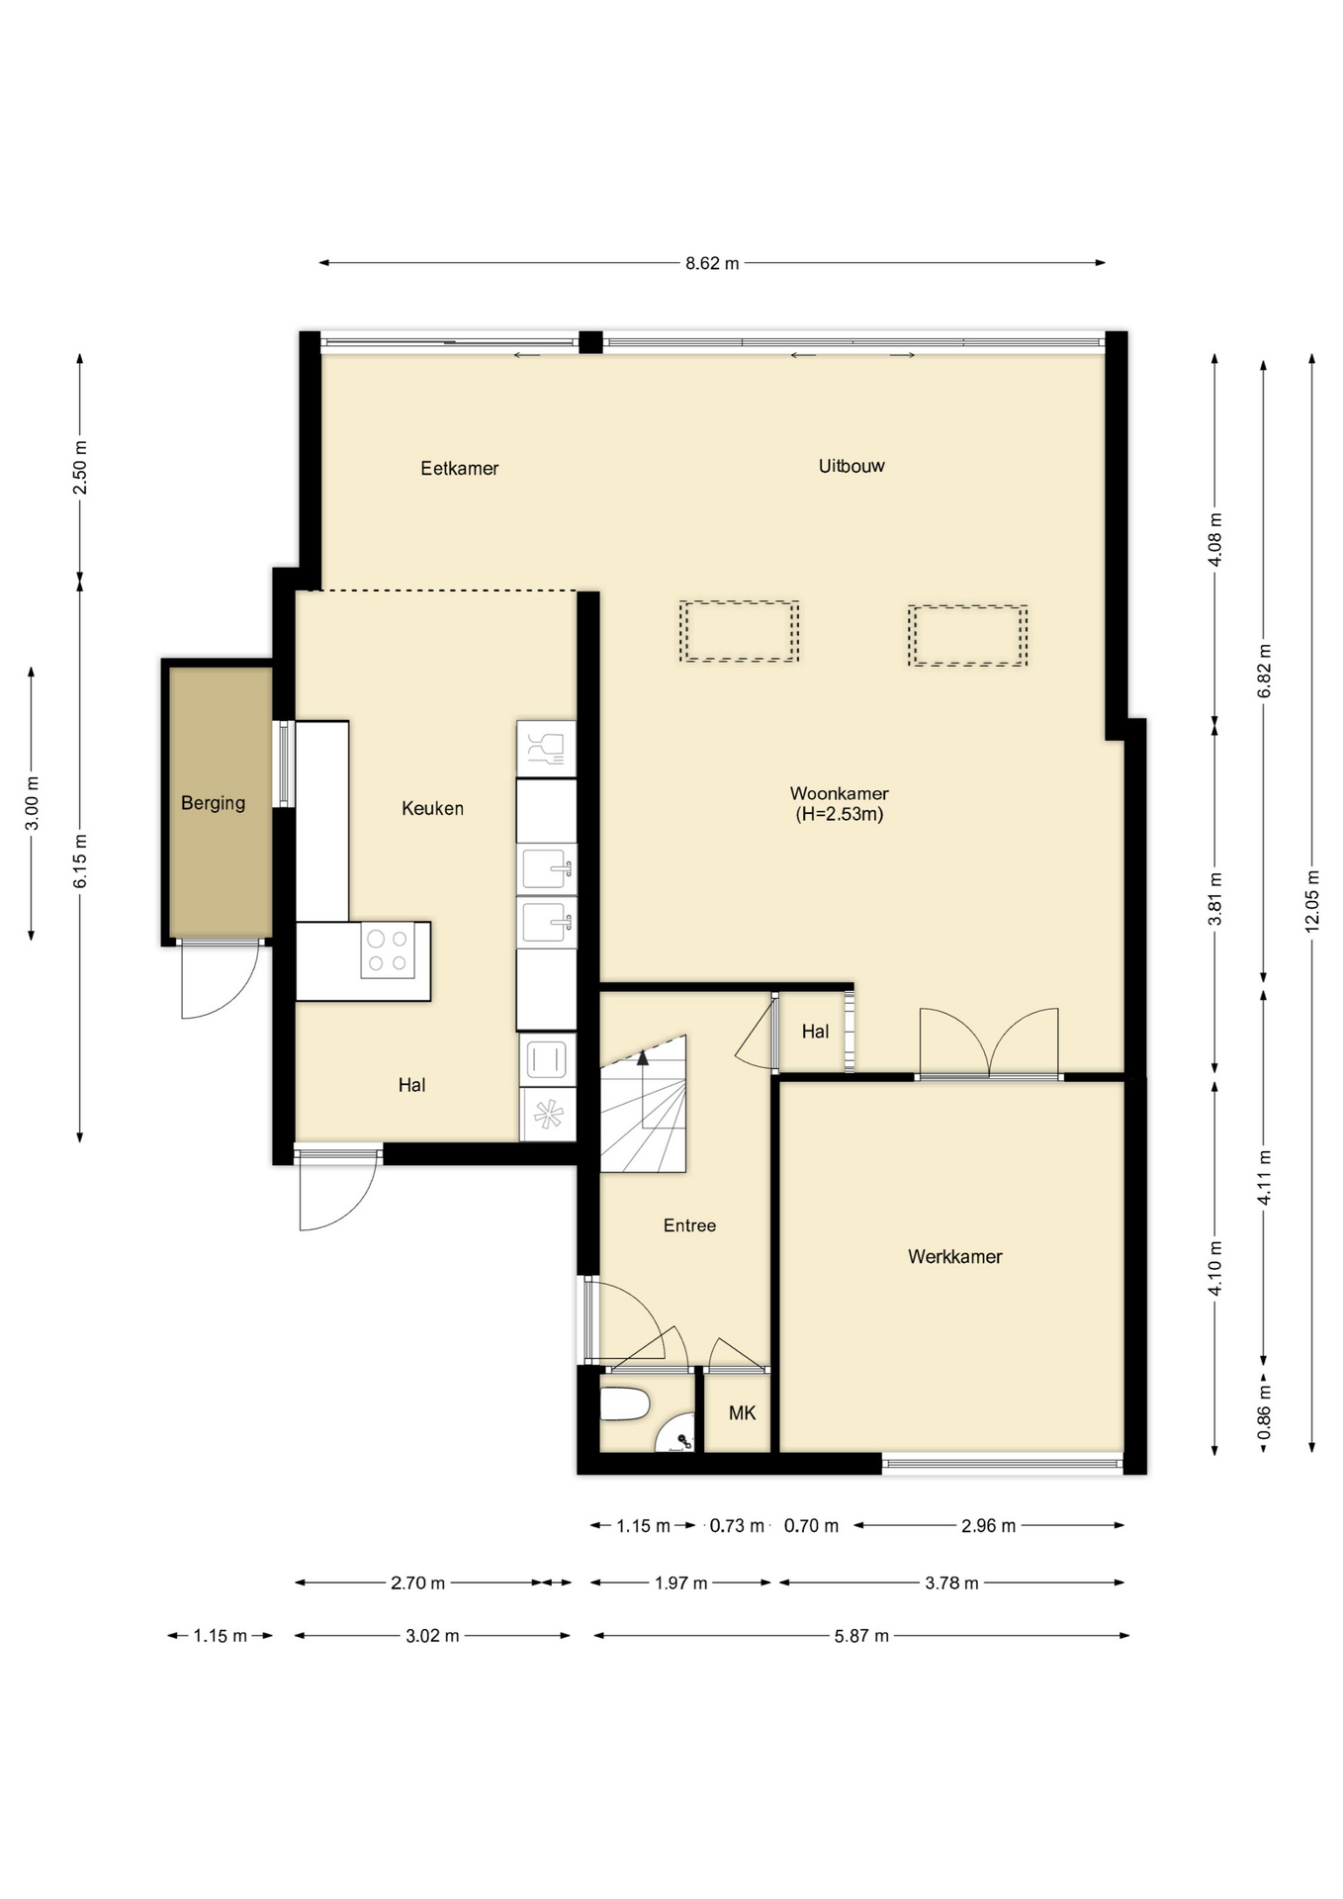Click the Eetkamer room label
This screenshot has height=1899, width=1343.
tap(459, 468)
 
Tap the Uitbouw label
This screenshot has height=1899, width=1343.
tap(851, 466)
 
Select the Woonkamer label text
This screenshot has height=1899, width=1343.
tap(839, 793)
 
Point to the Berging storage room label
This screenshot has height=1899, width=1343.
tap(213, 803)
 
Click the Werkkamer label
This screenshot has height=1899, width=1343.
tap(955, 1256)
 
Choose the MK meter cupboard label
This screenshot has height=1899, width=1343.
tap(742, 1413)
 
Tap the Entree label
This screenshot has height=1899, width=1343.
tap(689, 1225)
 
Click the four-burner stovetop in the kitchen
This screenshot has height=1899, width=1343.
tap(387, 950)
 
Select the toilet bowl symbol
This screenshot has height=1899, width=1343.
tap(624, 1402)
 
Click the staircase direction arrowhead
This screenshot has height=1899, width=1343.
tap(643, 1057)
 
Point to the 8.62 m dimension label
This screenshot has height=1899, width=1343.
tap(712, 263)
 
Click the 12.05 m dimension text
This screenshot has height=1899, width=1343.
tap(1312, 900)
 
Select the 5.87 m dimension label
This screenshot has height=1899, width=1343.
tap(861, 1636)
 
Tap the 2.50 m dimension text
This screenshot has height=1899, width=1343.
tap(80, 468)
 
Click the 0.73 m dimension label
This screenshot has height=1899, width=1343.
tap(737, 1526)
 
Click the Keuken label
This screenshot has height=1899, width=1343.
tap(432, 808)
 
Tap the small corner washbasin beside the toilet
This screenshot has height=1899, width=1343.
tap(676, 1436)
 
